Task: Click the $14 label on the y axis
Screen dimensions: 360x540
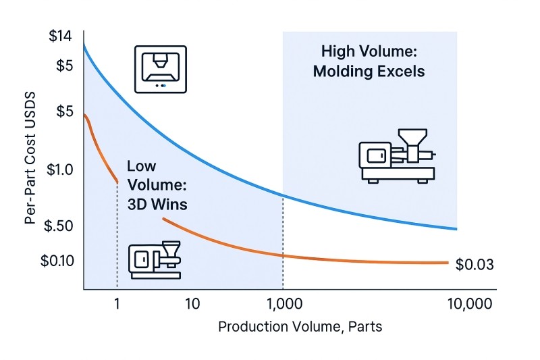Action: pyautogui.click(x=60, y=36)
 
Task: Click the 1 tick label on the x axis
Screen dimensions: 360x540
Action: pyautogui.click(x=117, y=303)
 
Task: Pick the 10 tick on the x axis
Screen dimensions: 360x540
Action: pyautogui.click(x=192, y=303)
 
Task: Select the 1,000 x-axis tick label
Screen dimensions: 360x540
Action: pyautogui.click(x=284, y=303)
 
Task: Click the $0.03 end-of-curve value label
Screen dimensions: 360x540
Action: pyautogui.click(x=475, y=265)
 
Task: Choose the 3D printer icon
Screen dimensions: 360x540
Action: pyautogui.click(x=161, y=70)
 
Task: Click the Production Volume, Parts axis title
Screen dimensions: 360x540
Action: pyautogui.click(x=300, y=327)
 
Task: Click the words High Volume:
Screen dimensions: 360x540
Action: pyautogui.click(x=369, y=51)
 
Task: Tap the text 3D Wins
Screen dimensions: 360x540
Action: pyautogui.click(x=157, y=203)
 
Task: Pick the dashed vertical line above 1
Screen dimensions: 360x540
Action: pyautogui.click(x=117, y=236)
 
